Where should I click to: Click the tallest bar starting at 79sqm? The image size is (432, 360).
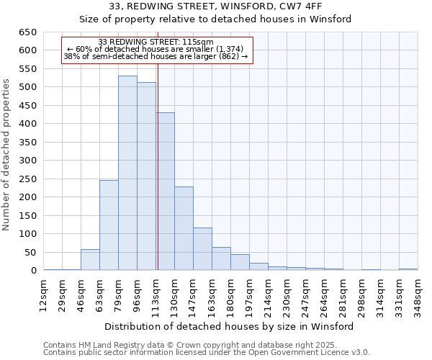pos(127,173)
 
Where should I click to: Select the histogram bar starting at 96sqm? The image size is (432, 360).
pos(146,176)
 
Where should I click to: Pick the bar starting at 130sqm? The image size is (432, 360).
pos(184,228)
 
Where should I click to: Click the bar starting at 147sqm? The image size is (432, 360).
pos(202,249)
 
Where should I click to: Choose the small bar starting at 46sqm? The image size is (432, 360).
pos(90,260)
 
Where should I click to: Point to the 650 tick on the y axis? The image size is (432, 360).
pos(28,32)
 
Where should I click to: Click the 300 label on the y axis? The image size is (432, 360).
pos(28,161)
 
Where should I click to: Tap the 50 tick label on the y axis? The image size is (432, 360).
pos(31,253)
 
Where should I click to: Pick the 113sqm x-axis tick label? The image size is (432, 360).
pos(156,296)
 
